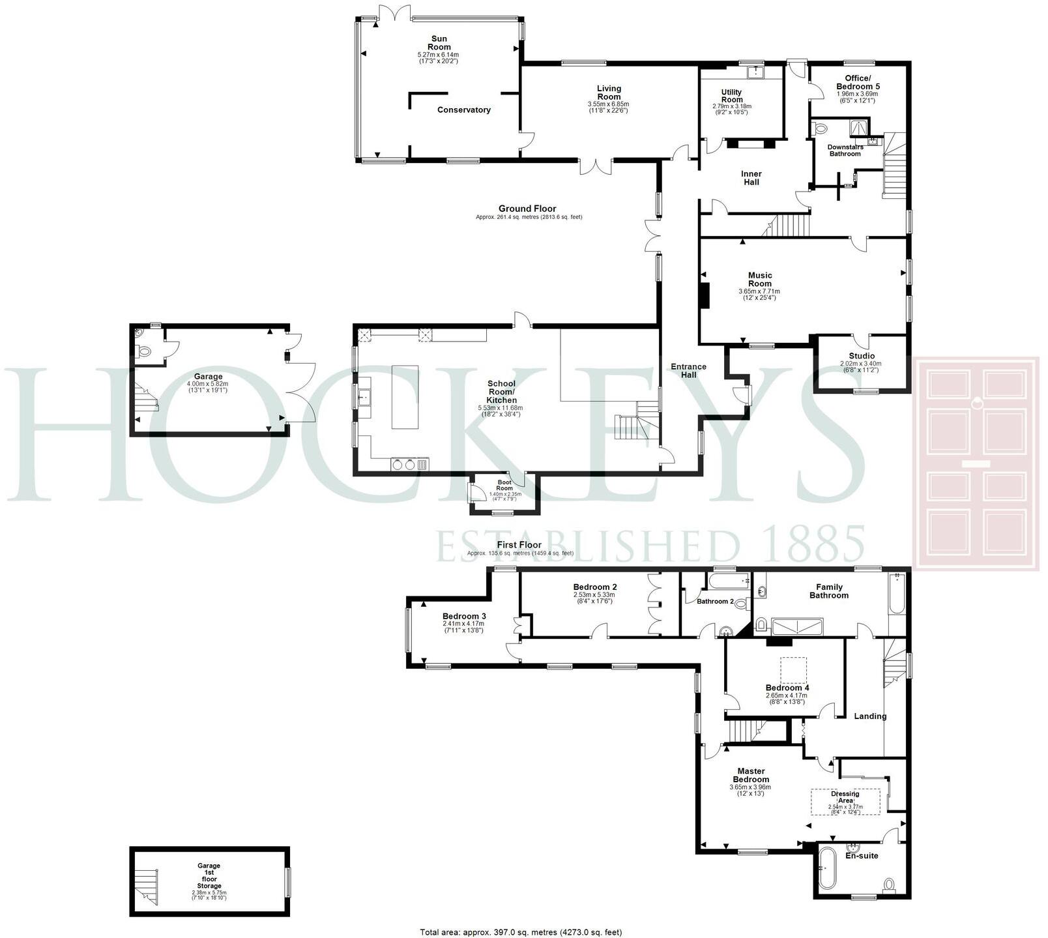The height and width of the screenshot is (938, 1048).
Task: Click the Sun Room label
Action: tap(439, 43)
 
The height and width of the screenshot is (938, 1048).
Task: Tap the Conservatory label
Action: tap(464, 110)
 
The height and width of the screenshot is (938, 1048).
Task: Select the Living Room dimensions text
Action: tap(609, 108)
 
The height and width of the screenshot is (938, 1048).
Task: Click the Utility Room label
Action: tap(732, 96)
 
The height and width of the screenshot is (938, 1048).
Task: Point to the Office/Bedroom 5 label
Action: tap(858, 83)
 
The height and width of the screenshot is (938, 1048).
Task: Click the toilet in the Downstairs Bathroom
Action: tap(821, 129)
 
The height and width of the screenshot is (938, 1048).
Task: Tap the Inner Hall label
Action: tap(751, 178)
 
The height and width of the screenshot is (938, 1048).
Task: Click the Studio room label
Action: tap(862, 356)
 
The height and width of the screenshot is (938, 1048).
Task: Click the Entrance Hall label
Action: tap(688, 370)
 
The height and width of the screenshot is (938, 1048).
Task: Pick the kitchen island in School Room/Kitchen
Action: tap(405, 396)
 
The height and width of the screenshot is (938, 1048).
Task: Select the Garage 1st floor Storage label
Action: tap(209, 876)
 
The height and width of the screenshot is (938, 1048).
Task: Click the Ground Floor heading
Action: tap(528, 209)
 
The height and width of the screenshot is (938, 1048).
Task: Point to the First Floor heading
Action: tap(519, 545)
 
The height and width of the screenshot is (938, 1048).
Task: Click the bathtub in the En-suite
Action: tap(826, 870)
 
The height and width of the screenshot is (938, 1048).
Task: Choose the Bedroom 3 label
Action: tap(464, 616)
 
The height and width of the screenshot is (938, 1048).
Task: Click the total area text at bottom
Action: tap(521, 932)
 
